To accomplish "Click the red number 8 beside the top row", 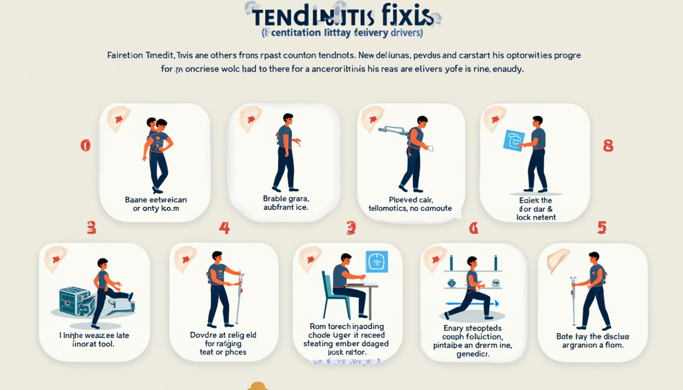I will [x=608, y=146].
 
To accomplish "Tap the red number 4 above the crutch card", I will [x=224, y=227].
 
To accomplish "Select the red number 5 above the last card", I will [x=602, y=227].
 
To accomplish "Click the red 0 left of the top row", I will [x=85, y=146].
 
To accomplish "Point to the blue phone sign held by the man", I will [x=513, y=140].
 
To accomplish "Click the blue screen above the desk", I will [x=377, y=262].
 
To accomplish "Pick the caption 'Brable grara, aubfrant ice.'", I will [x=286, y=203].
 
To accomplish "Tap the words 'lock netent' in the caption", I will [x=536, y=217].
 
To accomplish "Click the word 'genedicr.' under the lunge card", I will [x=473, y=354].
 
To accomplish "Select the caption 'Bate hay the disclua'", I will [x=593, y=336].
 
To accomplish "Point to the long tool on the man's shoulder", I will [x=394, y=131].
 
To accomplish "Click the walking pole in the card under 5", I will [x=574, y=300].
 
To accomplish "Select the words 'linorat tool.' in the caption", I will [x=94, y=344].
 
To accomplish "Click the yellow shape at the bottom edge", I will [x=258, y=386].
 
